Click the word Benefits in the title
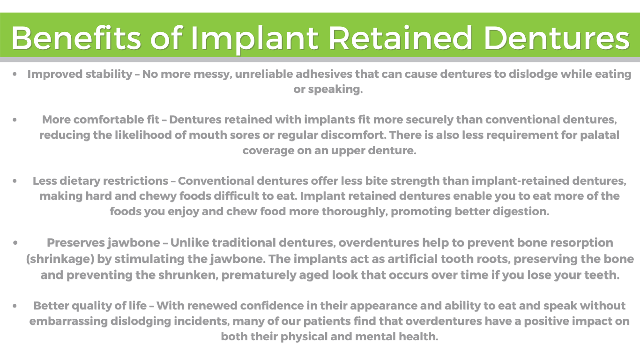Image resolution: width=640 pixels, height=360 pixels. [75, 37]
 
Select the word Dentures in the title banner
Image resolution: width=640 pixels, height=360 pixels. [556, 37]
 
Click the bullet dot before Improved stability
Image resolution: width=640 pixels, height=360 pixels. [15, 74]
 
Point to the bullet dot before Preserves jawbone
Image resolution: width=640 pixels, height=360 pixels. [15, 243]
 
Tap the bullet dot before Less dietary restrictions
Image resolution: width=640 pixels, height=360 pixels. [15, 181]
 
